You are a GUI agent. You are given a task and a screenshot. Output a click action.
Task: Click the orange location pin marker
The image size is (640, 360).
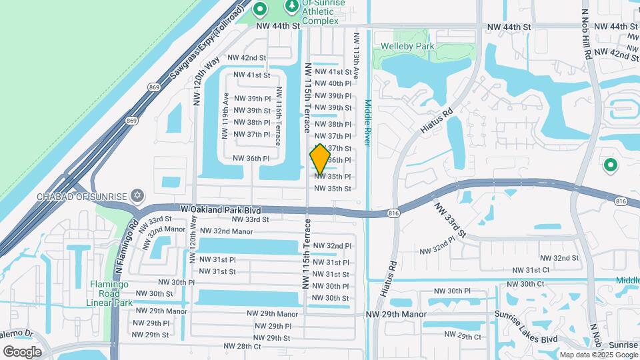320,159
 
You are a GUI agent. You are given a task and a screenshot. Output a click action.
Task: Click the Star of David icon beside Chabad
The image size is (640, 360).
138,195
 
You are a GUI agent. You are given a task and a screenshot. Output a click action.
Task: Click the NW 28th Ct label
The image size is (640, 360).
241,346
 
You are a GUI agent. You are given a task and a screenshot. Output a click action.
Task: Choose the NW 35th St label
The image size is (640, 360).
332,189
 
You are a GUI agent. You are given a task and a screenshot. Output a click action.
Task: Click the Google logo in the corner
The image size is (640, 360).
22,351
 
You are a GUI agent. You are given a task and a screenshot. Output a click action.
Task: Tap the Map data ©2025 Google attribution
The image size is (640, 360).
598,355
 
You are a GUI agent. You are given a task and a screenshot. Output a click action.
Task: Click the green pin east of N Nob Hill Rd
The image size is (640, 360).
609,165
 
